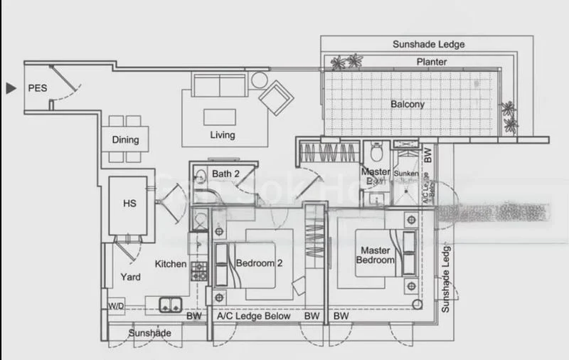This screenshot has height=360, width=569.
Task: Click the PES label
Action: [x=38, y=89]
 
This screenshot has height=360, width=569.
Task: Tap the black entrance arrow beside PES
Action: [x=10, y=89]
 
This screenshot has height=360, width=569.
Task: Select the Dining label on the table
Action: [x=125, y=140]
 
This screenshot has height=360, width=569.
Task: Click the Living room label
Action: [x=222, y=135]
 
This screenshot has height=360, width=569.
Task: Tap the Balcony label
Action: [x=408, y=105]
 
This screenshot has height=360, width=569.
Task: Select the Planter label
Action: [x=432, y=62]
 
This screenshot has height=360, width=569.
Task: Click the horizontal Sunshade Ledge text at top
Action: [x=428, y=44]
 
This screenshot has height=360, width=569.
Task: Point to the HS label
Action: [x=129, y=203]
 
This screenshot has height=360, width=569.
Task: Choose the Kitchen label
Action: [x=171, y=264]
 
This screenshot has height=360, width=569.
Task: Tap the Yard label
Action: [x=129, y=277]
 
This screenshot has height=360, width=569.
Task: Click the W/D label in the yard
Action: [x=115, y=307]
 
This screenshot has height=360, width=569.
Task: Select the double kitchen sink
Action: [x=169, y=305]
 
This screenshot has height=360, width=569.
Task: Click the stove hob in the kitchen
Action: [x=198, y=270]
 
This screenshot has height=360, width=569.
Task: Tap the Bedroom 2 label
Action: [x=260, y=263]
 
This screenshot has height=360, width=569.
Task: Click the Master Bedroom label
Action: [x=377, y=255]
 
